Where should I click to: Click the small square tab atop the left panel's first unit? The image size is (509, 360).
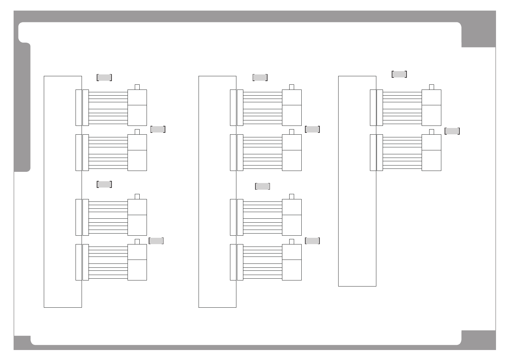[137, 87]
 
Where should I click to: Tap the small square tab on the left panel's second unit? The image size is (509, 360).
[137, 132]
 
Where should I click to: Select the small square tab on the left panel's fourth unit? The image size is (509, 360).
[137, 241]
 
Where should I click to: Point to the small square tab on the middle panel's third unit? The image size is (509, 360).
[291, 197]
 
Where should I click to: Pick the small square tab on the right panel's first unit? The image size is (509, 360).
[431, 87]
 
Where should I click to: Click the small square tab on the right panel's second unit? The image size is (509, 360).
[431, 132]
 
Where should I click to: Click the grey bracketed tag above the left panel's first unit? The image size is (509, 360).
[104, 77]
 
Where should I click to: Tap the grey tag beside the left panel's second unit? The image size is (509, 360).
[158, 129]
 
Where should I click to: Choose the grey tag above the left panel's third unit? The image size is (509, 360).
[104, 185]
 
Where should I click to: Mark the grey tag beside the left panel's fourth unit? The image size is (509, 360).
[156, 241]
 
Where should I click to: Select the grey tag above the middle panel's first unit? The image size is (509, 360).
[260, 77]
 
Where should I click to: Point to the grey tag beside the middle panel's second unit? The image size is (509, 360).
[313, 129]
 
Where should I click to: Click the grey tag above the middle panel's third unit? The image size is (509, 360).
[262, 186]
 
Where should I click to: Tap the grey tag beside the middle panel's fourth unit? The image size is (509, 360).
[312, 241]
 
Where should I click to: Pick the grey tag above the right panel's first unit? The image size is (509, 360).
[399, 74]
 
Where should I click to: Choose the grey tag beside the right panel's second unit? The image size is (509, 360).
[452, 131]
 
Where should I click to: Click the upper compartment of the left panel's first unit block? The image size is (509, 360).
[137, 97]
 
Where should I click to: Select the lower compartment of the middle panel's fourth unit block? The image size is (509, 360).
[292, 270]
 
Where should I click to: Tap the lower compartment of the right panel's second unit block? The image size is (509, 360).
[431, 160]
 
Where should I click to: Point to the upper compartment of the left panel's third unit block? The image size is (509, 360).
[137, 207]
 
